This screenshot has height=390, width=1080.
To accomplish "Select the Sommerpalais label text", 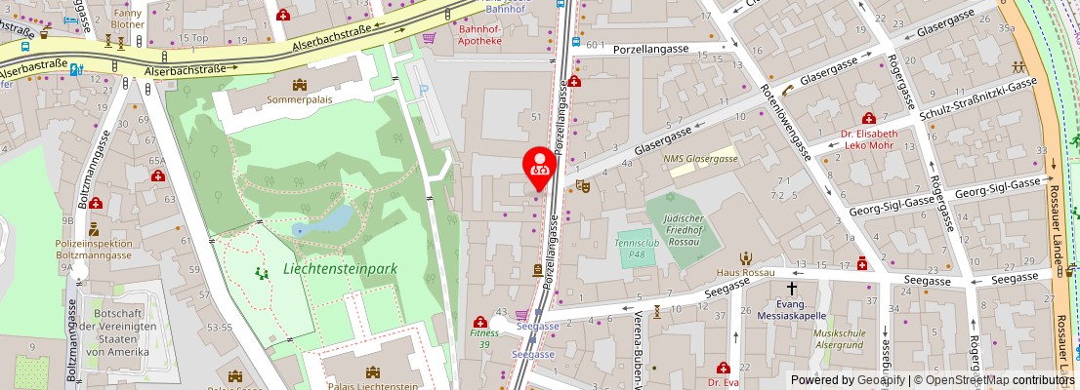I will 299,99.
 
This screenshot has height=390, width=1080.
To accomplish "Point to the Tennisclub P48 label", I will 637,245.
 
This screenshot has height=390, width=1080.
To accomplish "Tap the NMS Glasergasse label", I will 700,158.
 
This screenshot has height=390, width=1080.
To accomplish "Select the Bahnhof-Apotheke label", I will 479,35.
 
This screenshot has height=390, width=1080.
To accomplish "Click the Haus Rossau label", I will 745,273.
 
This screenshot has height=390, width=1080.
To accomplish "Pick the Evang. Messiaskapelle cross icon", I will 792,290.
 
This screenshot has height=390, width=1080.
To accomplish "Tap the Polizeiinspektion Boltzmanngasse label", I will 93,249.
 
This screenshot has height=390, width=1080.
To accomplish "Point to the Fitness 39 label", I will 484,338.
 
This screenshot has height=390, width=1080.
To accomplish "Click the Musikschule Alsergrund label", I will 839,339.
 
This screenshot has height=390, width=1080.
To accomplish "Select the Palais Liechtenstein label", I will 371,386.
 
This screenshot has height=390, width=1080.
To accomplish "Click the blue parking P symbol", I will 423,91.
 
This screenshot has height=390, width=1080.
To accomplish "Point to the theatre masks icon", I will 584,185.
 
